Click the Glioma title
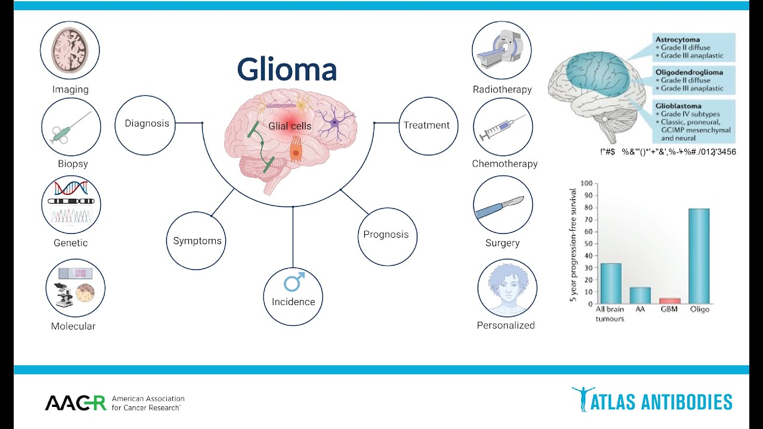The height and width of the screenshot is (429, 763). coord(287,69)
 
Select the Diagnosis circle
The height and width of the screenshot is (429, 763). coord(147,124)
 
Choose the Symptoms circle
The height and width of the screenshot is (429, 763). coord(197,241)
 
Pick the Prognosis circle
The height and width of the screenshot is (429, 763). coord(386,235)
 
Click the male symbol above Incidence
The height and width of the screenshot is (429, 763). coord(293,281)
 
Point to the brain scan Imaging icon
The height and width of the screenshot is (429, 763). coord(70,51)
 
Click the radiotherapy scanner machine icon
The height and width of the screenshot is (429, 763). coord(501,49)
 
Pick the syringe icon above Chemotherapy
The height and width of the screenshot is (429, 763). coord(503,128)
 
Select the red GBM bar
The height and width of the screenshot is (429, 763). coord(669,301)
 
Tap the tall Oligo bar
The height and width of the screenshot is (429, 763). coord(699,256)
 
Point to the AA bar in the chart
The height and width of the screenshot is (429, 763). coord(640,296)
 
